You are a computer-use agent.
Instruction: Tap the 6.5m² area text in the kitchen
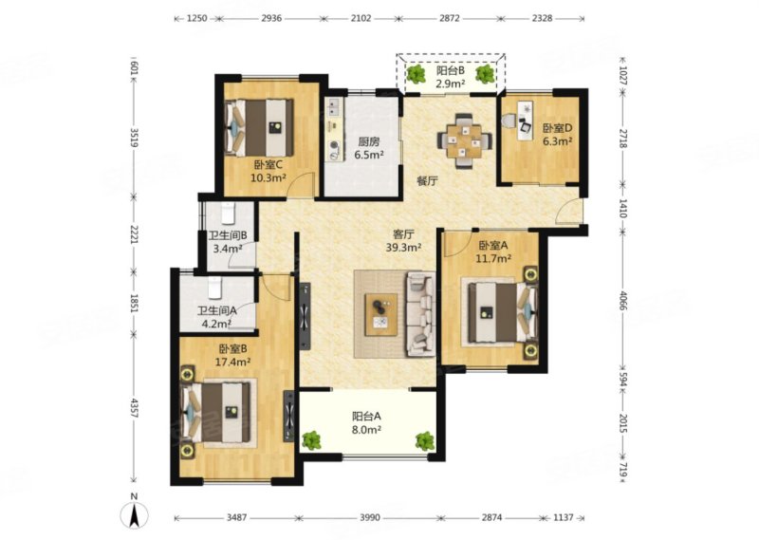pos(369,155)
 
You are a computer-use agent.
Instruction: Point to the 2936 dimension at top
pos(271,18)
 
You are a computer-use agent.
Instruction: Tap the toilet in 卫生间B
pos(228,214)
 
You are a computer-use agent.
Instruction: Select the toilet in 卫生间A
pos(215,288)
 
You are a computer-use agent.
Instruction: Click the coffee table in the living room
pos(381,314)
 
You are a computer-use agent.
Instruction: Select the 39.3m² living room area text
pos(403,247)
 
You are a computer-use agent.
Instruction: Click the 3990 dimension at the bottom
pos(369,518)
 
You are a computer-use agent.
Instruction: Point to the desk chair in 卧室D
pos(509,121)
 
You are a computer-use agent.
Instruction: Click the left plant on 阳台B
pos(415,74)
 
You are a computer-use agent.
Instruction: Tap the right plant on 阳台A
pos(425,440)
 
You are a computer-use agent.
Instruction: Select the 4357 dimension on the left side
pos(135,408)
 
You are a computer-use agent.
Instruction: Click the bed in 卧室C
pos(260,128)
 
